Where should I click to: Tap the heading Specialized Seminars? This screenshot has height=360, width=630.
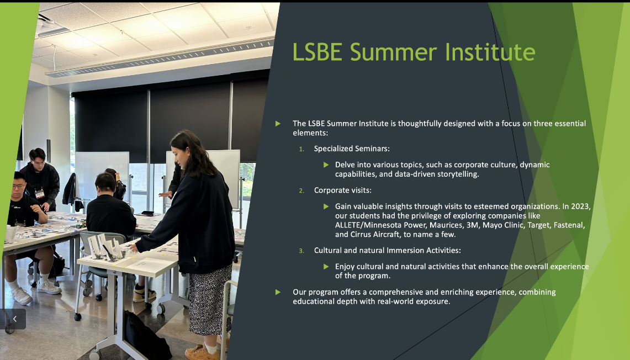(352, 149)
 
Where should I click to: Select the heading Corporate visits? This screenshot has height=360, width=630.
(343, 190)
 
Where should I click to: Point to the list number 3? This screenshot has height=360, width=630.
(301, 251)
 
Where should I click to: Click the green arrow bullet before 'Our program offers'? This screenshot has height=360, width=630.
(278, 292)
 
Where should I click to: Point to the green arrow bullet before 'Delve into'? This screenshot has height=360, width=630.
(326, 165)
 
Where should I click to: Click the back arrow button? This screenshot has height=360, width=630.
(14, 319)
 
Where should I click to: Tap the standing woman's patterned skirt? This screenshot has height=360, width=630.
(210, 299)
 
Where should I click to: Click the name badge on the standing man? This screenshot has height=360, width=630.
(39, 194)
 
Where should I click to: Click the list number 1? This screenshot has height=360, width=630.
(301, 149)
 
